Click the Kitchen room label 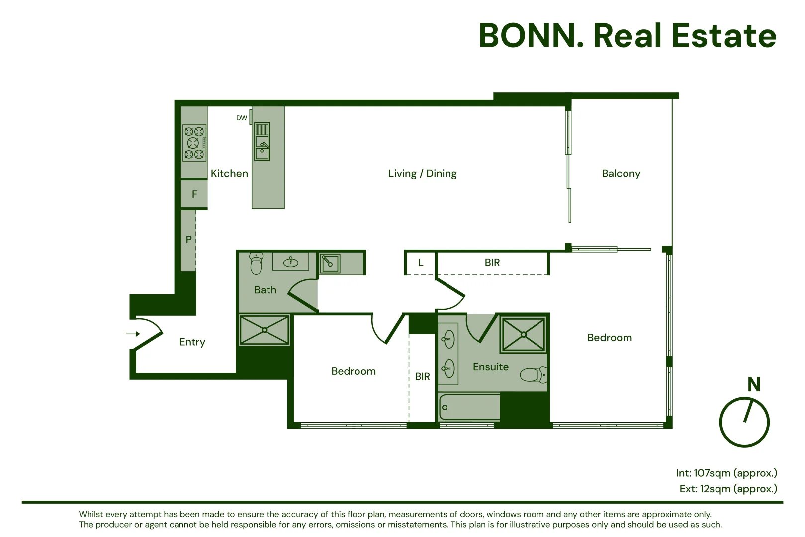coord(229,174)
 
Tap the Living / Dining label coord(422,174)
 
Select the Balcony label coord(621,174)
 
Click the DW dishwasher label coord(242,118)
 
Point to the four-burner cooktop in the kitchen coord(194,143)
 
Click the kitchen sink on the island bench coord(262,142)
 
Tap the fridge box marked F coord(194,194)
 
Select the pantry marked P coord(188,240)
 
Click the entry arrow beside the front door coord(133,334)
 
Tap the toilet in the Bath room coord(256,264)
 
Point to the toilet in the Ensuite coord(534,375)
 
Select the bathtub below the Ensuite coord(469,407)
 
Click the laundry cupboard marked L coord(421,263)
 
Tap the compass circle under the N coord(744,422)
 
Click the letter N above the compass coord(754,384)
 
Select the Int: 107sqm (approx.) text coord(726,473)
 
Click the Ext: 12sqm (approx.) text coord(728,489)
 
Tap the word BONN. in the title coord(531,36)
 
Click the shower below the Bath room coord(265,330)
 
